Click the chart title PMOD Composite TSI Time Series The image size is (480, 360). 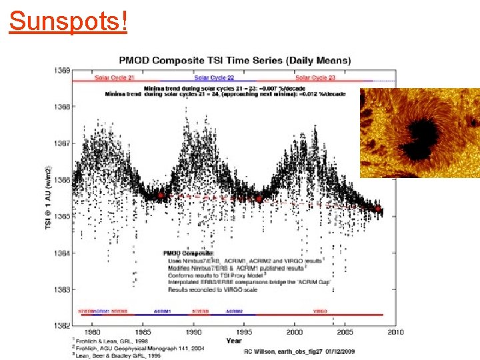pos(235,60)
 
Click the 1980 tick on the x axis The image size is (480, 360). pos(93,331)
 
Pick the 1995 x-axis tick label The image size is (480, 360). pos(244,331)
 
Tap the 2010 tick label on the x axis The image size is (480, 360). pos(396,331)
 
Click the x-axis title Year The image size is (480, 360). pos(233,341)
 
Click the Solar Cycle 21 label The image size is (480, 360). pos(115,78)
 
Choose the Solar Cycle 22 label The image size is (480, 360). pos(214,78)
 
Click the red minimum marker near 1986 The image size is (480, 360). pos(161,196)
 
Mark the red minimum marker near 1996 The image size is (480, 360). pos(259,199)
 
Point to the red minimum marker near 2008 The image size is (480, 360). pos(378,209)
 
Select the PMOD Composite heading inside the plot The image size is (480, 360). pos(189,253)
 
